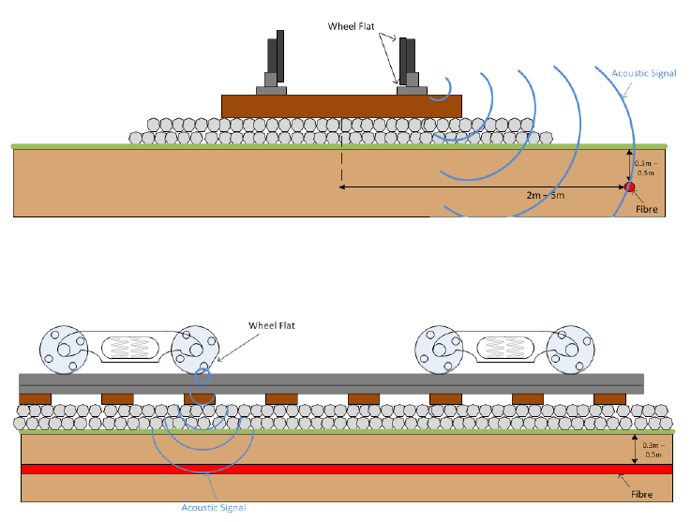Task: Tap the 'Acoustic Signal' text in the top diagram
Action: (x=642, y=73)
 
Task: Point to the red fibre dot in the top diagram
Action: (x=630, y=187)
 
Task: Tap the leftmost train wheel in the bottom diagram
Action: (x=62, y=349)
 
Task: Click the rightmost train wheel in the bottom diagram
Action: (x=572, y=349)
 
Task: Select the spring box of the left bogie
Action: (x=130, y=348)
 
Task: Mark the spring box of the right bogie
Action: (x=507, y=348)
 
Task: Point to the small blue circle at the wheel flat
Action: (x=203, y=377)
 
